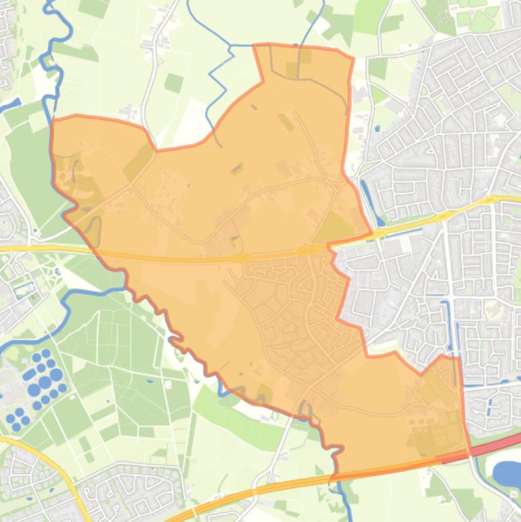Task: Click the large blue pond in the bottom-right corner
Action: click(x=507, y=474)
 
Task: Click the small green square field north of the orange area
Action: click(x=173, y=83)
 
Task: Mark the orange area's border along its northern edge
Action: click(x=305, y=47)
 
